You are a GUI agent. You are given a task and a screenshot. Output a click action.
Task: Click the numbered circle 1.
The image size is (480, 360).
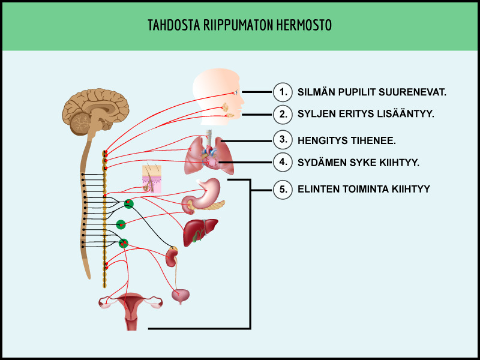tap(283, 92)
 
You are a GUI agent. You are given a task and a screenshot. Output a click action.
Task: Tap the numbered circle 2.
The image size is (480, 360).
tap(283, 114)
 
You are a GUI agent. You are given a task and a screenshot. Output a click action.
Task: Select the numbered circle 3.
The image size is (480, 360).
tap(283, 140)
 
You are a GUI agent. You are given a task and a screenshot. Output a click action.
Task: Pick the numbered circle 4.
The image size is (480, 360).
tap(283, 162)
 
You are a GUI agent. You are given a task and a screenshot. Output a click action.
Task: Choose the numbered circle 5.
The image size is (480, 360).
tap(283, 190)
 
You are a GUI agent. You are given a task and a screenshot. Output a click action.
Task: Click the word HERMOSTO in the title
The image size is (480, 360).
tap(304, 25)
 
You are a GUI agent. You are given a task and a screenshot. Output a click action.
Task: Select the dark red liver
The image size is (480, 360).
tap(200, 232)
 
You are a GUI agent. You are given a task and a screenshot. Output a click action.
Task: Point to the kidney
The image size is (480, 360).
tap(172, 257)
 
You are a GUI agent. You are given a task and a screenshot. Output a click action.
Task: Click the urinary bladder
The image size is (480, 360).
tap(181, 296)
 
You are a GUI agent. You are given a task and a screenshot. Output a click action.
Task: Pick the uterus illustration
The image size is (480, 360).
tap(131, 309)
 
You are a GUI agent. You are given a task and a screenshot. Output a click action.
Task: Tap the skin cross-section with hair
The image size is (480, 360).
tap(152, 179)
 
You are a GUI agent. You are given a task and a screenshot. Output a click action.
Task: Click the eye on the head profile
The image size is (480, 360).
tap(236, 92)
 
